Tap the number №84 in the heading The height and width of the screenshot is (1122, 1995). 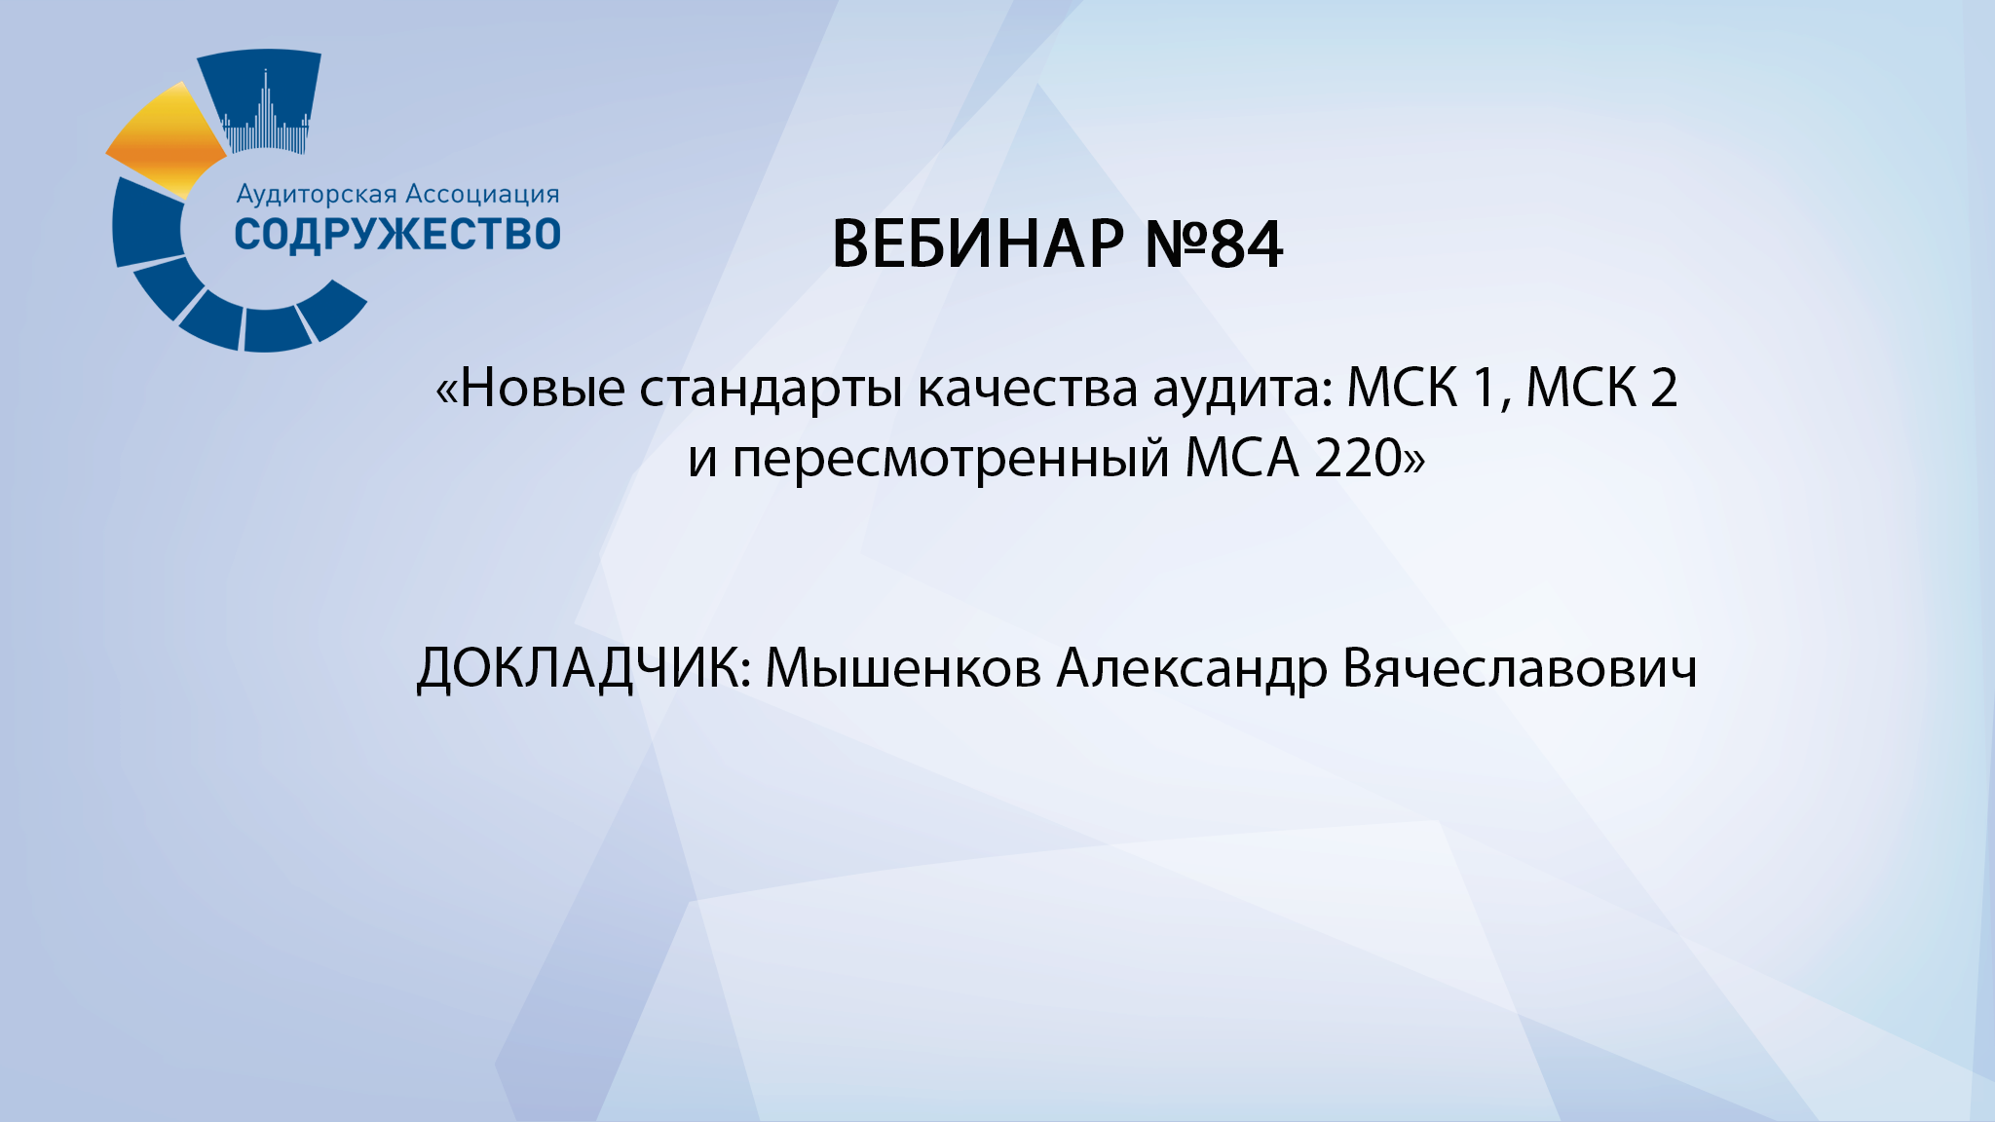[1214, 244]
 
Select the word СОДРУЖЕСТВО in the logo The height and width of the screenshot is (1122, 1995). [397, 235]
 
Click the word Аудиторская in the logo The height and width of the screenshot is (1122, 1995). [317, 195]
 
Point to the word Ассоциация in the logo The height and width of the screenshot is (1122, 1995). [482, 195]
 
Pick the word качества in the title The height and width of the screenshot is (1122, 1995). [1028, 389]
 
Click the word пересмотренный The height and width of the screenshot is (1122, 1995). [950, 459]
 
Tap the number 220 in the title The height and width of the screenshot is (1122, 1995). [1358, 458]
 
